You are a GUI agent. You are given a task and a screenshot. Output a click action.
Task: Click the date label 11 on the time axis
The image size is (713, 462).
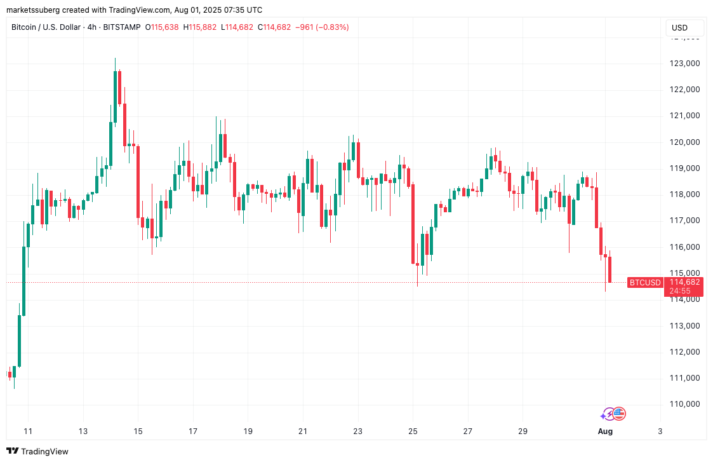[x=29, y=431]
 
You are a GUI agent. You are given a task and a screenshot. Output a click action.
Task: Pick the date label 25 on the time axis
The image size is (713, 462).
[x=413, y=431]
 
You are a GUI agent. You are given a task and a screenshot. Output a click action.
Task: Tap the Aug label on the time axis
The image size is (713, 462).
[x=604, y=431]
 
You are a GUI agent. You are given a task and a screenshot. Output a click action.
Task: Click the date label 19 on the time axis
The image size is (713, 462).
[x=248, y=431]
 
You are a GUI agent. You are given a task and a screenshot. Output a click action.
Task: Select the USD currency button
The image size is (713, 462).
[x=680, y=28]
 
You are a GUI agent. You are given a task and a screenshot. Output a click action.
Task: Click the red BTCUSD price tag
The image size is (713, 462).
[x=645, y=283]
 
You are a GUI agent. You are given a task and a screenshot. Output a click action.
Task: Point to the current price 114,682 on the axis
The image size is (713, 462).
[x=684, y=282]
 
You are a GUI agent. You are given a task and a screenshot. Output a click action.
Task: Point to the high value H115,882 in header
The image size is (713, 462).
[x=199, y=27]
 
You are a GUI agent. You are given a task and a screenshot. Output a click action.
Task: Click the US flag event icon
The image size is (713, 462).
[x=619, y=414]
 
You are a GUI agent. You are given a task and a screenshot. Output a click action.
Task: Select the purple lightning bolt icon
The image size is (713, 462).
[x=609, y=414]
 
